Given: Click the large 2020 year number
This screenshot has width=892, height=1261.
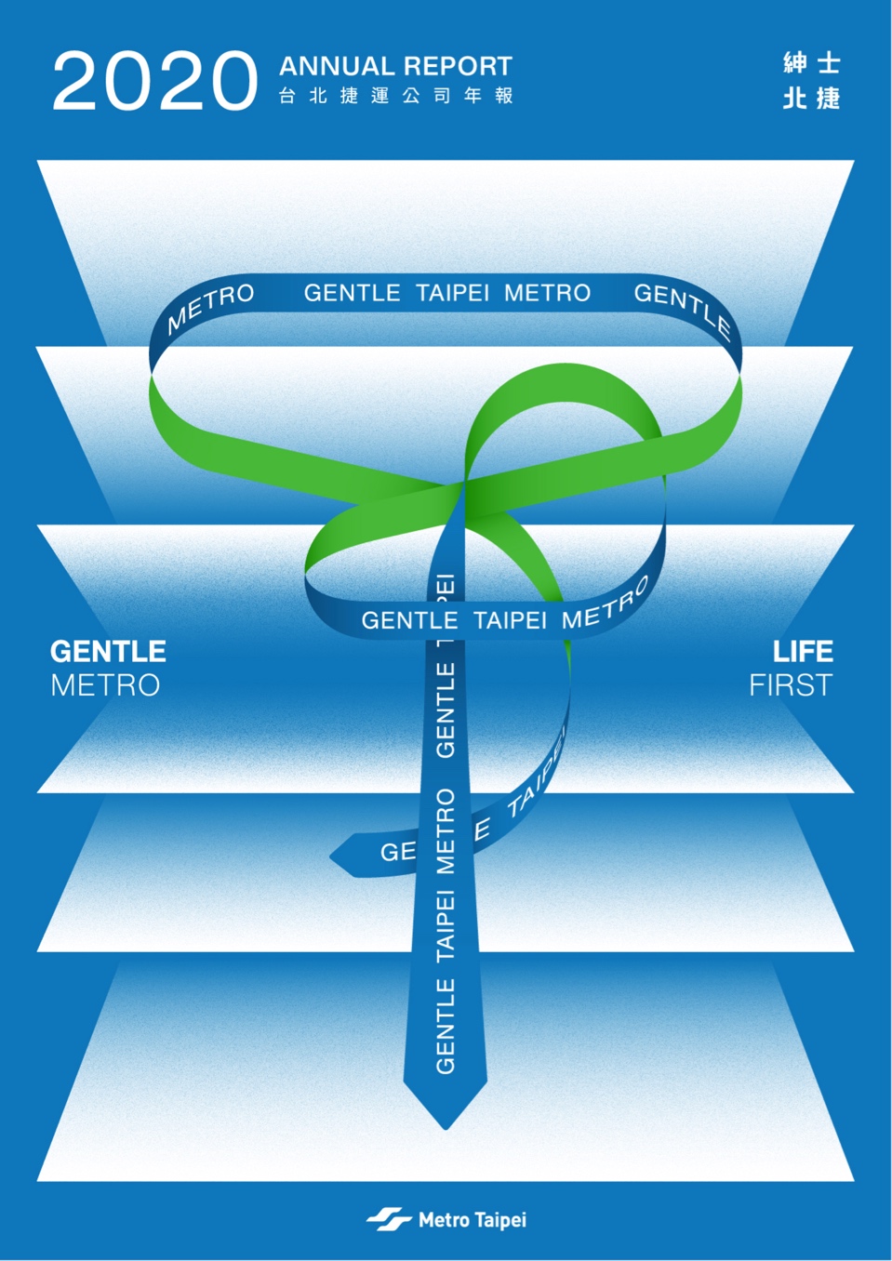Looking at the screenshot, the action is click(x=154, y=81).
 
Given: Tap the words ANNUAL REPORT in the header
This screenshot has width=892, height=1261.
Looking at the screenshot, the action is click(x=395, y=66).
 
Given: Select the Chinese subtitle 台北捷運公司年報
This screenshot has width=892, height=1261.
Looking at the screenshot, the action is click(x=395, y=96).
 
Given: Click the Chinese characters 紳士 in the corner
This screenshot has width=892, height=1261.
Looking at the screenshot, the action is click(x=811, y=63).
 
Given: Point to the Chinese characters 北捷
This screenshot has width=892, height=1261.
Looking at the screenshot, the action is click(x=811, y=98).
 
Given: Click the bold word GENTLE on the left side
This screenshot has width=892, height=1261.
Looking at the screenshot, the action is click(x=108, y=651).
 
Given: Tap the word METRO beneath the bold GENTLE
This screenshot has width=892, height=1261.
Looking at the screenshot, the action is click(x=105, y=685).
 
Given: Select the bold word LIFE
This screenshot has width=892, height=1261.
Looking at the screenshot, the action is click(x=803, y=651).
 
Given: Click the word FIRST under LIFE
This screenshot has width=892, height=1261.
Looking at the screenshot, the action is click(x=791, y=685).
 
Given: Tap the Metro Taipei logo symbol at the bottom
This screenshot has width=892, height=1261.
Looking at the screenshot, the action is click(x=389, y=1220).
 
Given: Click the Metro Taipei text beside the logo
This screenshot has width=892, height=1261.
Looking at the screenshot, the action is click(x=473, y=1220).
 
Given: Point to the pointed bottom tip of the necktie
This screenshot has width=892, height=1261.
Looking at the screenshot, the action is click(x=446, y=1129).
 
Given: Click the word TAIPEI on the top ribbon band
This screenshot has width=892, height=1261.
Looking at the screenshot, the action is click(x=452, y=293).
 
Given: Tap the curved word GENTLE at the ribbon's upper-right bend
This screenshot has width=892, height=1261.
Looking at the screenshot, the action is click(x=683, y=311).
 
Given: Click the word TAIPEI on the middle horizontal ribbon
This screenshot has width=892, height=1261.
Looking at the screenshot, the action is click(x=510, y=620).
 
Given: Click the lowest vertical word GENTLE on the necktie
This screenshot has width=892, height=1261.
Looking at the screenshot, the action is click(x=446, y=1026).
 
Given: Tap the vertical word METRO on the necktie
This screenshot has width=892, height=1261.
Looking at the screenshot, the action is click(x=446, y=831).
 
